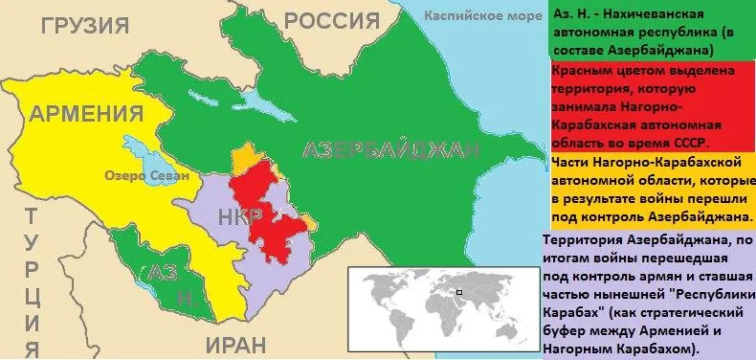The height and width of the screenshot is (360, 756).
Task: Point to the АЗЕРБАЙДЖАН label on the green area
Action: point(389,150)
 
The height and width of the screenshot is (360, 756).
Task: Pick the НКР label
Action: point(236,216)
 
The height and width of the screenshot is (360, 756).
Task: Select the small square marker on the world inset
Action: point(458,292)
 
